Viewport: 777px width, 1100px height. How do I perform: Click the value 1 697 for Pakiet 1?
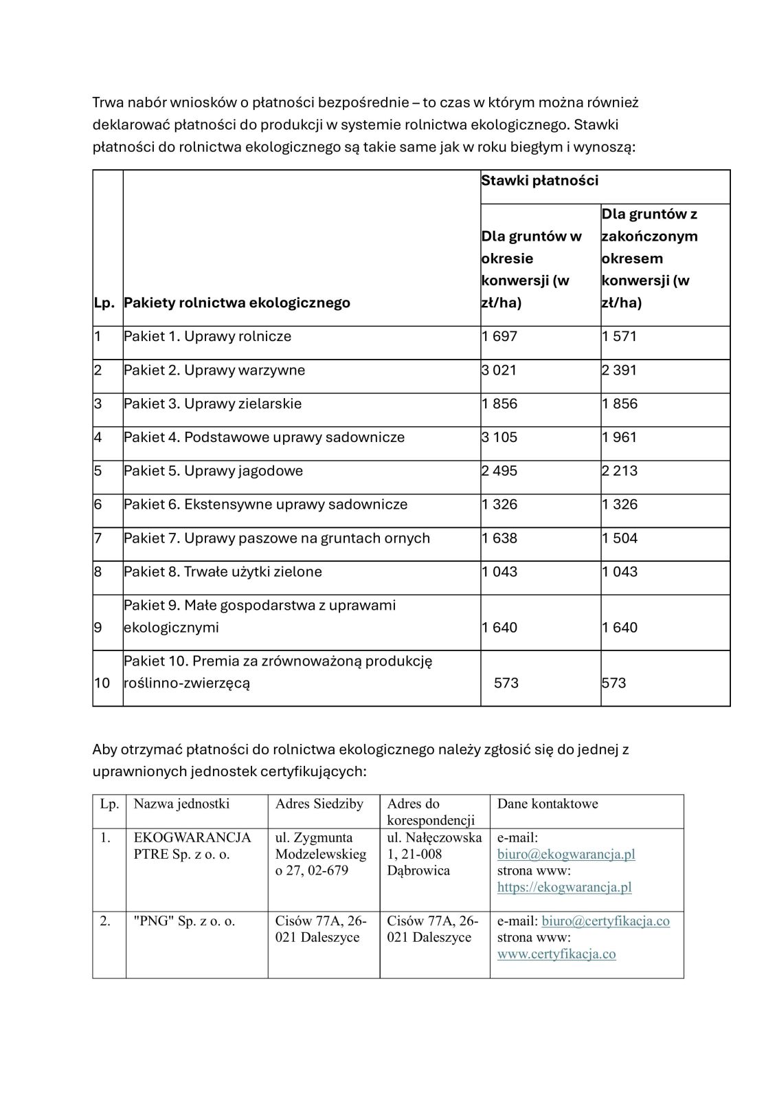point(499,337)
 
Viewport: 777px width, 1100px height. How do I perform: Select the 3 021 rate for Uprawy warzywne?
point(499,371)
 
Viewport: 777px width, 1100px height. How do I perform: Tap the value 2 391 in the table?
point(620,371)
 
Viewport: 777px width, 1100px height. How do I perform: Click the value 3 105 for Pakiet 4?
point(499,438)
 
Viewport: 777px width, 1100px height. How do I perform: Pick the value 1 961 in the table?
point(620,438)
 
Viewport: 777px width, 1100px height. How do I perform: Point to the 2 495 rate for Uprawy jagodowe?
point(499,472)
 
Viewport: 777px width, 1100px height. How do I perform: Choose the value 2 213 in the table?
point(620,472)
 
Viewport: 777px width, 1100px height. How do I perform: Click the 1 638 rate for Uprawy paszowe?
point(499,538)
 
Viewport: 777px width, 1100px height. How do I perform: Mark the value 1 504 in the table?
point(620,538)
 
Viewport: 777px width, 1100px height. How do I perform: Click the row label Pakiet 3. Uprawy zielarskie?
point(213,404)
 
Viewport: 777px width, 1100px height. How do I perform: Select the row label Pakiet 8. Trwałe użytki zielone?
point(223,572)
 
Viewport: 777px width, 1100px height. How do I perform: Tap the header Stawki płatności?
point(540,181)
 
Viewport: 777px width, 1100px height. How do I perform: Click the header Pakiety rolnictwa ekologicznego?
point(237,303)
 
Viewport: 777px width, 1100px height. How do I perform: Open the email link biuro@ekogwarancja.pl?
point(566,855)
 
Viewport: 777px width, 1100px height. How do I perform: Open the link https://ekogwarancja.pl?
point(564,888)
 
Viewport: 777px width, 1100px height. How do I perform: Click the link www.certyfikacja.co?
point(556,954)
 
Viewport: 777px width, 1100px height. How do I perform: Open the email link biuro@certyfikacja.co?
point(605,921)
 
